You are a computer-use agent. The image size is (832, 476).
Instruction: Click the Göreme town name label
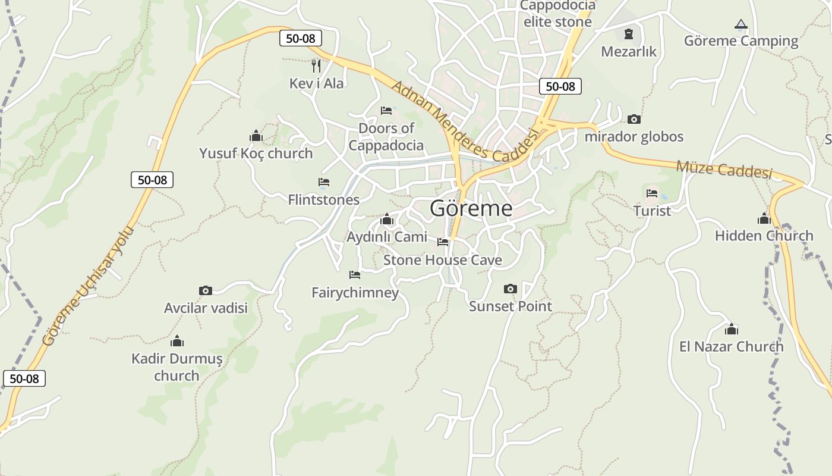tap(471, 208)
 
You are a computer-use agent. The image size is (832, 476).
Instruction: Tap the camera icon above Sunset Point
tap(510, 289)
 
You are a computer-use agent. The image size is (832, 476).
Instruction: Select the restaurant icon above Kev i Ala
tap(316, 65)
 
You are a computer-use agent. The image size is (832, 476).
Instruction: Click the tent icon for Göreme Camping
tap(740, 24)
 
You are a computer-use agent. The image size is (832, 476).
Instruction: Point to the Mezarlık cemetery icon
tap(629, 34)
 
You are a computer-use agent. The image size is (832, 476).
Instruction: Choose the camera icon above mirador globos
tap(634, 119)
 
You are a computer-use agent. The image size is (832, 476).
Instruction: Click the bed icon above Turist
tap(652, 193)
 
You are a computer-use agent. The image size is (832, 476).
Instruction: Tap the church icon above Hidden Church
tap(764, 218)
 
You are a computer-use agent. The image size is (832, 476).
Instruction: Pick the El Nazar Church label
tap(731, 346)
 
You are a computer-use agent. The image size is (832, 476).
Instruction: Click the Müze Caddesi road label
tap(723, 170)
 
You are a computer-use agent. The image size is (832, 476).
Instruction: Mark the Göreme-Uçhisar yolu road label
tap(89, 286)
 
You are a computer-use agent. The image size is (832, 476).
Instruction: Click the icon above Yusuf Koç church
tap(256, 136)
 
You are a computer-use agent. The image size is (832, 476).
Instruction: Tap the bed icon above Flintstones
tap(324, 182)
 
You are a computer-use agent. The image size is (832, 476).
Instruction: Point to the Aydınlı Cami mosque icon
tap(387, 220)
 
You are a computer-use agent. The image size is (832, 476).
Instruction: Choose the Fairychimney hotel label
tap(355, 293)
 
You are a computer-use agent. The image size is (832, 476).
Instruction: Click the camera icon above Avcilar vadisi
tap(206, 290)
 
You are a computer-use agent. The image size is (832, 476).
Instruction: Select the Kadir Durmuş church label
tap(177, 367)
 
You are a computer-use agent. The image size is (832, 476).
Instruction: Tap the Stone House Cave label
tap(442, 260)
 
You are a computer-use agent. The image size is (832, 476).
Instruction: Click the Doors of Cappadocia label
tap(386, 137)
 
